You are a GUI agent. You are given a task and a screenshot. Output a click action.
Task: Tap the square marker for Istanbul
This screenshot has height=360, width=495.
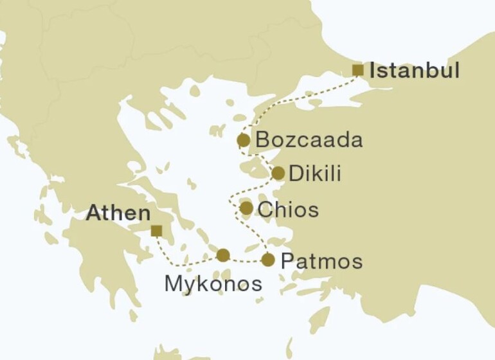(358, 70)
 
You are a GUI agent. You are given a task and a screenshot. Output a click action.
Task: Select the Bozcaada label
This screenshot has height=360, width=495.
(309, 140)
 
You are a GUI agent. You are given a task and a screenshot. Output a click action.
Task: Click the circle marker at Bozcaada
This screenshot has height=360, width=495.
(243, 140)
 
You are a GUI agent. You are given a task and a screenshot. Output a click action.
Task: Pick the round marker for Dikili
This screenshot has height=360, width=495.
(278, 173)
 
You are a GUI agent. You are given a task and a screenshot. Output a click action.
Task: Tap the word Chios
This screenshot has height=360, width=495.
(288, 210)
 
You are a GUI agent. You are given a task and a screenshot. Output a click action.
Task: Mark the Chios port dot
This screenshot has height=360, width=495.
(246, 208)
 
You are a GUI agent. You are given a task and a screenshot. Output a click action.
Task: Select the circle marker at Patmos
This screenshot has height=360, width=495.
(268, 260)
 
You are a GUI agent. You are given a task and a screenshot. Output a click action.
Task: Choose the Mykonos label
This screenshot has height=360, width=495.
(213, 283)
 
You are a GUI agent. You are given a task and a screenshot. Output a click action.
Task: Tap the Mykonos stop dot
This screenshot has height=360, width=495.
(223, 255)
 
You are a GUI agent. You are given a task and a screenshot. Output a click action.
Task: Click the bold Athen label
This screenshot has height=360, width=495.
(119, 213)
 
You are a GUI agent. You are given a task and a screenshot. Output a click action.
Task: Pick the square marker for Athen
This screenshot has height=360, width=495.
(156, 230)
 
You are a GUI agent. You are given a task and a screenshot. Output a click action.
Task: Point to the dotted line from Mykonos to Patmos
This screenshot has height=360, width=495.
(246, 260)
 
